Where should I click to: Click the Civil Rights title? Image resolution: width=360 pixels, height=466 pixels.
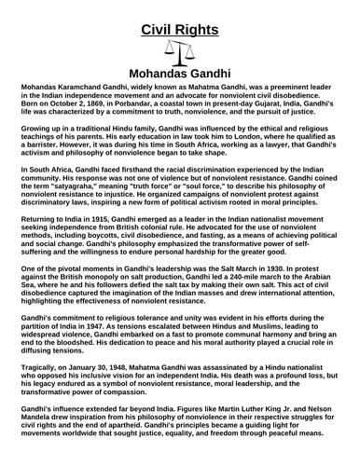coord(179,14)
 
